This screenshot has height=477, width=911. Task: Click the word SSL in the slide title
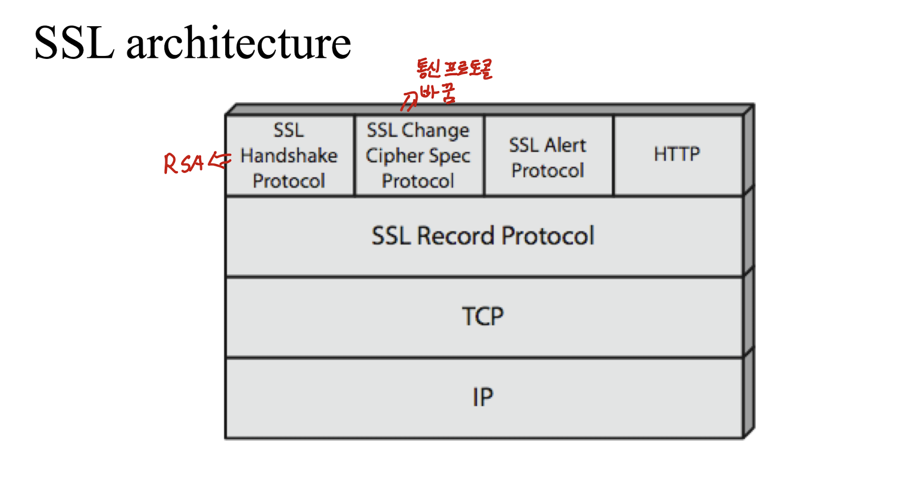click(74, 43)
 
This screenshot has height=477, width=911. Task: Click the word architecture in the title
click(239, 43)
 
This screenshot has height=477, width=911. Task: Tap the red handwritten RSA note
click(183, 163)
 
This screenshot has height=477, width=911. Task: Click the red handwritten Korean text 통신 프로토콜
click(455, 69)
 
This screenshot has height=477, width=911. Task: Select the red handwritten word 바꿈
click(438, 93)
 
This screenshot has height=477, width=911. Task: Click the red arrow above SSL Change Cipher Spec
click(409, 101)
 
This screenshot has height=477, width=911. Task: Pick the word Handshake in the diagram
click(289, 156)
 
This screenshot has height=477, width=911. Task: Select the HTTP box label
click(677, 154)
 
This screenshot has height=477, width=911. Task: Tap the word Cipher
click(394, 156)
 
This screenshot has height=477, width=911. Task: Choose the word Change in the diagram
click(435, 131)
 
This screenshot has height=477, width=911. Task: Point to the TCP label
click(483, 316)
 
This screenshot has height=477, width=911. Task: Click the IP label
click(483, 397)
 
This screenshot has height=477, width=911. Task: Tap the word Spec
click(450, 156)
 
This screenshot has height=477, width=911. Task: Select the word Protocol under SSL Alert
click(548, 171)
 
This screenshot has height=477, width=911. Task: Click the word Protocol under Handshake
click(289, 181)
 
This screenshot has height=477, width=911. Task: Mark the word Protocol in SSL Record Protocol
click(548, 236)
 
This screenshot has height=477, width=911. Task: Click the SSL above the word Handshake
click(289, 131)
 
